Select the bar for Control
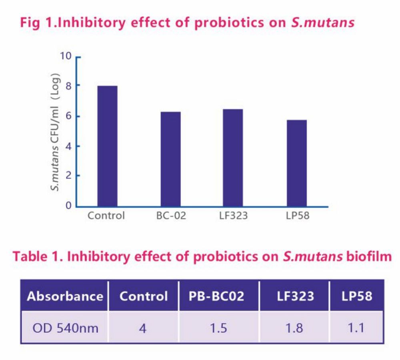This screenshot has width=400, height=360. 107,146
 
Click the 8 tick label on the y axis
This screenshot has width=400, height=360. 68,86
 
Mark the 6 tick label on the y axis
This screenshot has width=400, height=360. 68,116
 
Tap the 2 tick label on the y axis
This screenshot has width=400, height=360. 68,176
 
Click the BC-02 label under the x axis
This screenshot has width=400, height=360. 171,216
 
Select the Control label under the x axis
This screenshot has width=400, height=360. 106,216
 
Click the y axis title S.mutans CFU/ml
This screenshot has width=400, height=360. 57,132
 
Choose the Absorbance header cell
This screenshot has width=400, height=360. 65,296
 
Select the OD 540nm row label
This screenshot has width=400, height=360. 64,328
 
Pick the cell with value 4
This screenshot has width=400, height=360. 143,328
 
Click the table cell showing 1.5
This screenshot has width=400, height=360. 218,328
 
